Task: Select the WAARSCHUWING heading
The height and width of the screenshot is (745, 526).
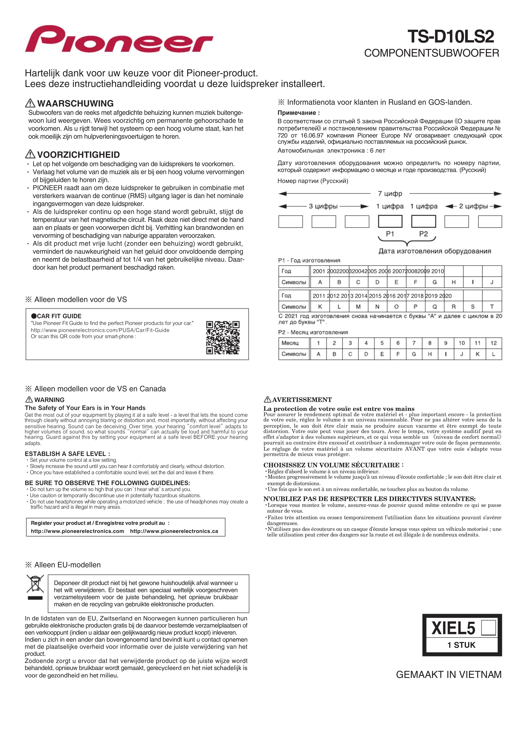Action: [x=75, y=104]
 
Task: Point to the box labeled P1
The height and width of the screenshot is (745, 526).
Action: [x=390, y=222]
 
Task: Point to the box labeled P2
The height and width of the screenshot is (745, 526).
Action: [x=424, y=222]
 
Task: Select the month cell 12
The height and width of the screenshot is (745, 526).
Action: [x=493, y=343]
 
